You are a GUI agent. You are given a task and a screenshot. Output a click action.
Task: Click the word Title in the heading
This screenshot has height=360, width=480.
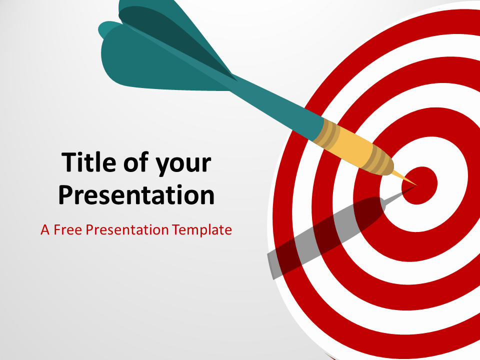(89, 162)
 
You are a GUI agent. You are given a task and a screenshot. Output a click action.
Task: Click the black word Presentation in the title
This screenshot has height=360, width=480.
(136, 195)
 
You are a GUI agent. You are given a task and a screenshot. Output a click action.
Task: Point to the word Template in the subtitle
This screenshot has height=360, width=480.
(201, 230)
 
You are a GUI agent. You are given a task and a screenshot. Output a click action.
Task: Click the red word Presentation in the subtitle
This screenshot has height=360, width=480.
(127, 229)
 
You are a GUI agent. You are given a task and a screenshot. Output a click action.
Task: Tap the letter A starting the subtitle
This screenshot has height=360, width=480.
(45, 230)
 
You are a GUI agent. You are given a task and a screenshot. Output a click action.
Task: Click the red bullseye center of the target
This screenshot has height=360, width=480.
(419, 185)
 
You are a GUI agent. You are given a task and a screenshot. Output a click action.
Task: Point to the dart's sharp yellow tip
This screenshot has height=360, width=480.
(417, 185)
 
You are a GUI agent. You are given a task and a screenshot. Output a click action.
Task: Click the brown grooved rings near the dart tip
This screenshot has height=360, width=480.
(378, 160)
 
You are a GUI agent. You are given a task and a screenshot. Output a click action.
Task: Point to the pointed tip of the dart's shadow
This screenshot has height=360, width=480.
(416, 185)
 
